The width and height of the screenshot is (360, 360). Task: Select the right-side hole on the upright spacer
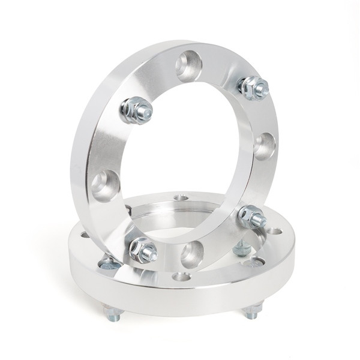(265, 145)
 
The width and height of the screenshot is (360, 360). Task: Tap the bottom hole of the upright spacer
(192, 253)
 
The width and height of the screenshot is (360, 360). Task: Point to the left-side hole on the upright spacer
(106, 184)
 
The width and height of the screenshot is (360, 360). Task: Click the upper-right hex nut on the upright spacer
(252, 88)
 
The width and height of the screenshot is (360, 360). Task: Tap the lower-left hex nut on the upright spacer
(142, 249)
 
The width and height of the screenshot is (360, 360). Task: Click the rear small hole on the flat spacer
(180, 197)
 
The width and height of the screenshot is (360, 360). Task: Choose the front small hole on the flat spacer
(181, 277)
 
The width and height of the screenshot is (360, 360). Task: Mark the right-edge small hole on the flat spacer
(274, 230)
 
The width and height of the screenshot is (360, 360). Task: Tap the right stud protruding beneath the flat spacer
(253, 311)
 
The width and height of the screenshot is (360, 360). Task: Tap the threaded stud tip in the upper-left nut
(146, 112)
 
